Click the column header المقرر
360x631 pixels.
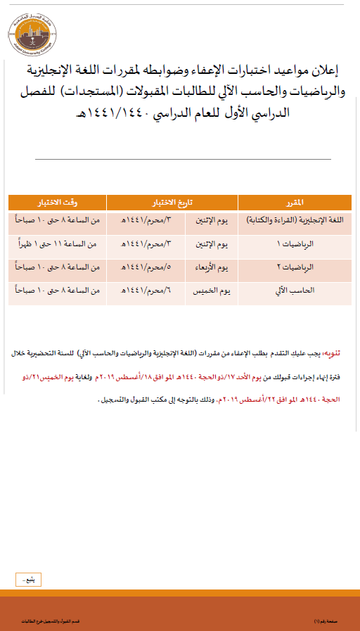pyautogui.click(x=295, y=203)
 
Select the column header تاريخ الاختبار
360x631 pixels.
pyautogui.click(x=172, y=203)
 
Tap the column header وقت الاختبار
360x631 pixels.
pyautogui.click(x=57, y=203)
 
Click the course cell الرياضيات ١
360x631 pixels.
pyautogui.click(x=295, y=244)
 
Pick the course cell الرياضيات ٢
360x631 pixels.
pyautogui.click(x=295, y=267)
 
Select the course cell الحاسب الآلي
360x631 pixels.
pyautogui.click(x=295, y=290)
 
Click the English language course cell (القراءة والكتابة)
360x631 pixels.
pyautogui.click(x=295, y=221)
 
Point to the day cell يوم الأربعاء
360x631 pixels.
pyautogui.click(x=212, y=267)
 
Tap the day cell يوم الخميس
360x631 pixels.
pyautogui.click(x=212, y=290)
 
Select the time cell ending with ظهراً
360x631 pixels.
pyautogui.click(x=57, y=244)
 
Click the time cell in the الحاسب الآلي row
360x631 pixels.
pyautogui.click(x=57, y=290)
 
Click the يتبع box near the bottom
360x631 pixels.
pyautogui.click(x=29, y=580)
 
